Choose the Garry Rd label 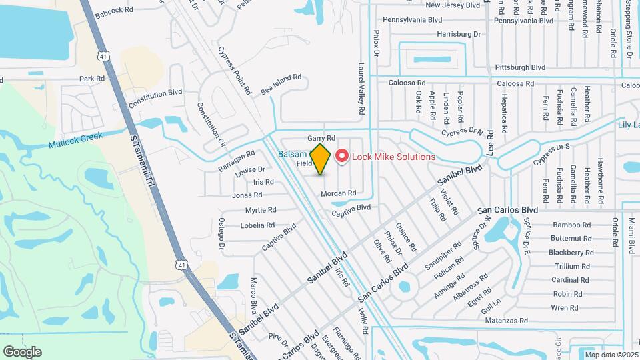321,138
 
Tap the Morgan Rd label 339,193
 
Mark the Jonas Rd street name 247,195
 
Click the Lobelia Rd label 257,225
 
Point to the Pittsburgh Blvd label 520,67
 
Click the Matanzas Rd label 505,321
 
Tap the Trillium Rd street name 572,267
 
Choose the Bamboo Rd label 571,225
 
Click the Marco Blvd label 254,296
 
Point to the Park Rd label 92,79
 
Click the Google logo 22,352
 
